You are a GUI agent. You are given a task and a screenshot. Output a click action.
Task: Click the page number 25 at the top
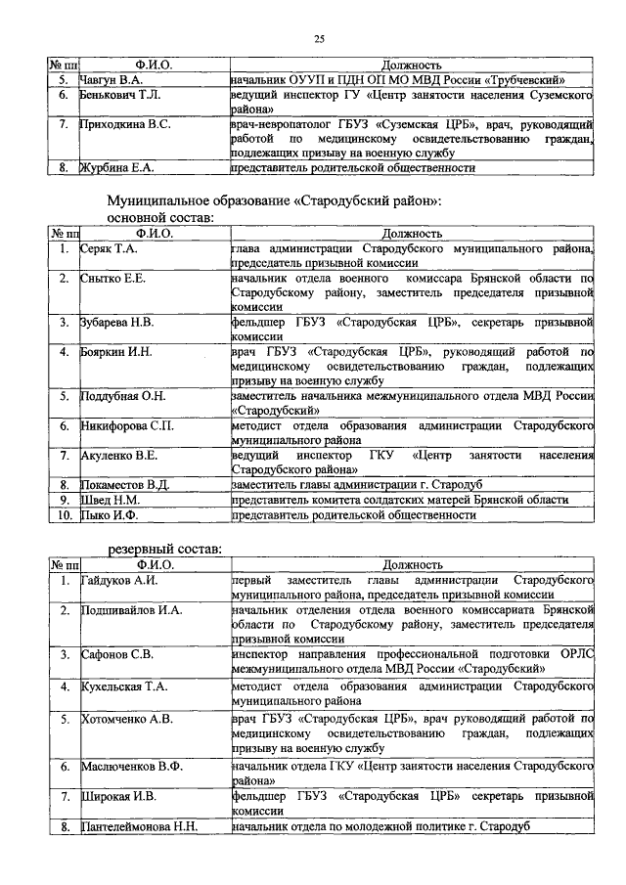[x=319, y=38]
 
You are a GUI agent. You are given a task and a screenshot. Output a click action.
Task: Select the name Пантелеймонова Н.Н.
[x=140, y=826]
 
